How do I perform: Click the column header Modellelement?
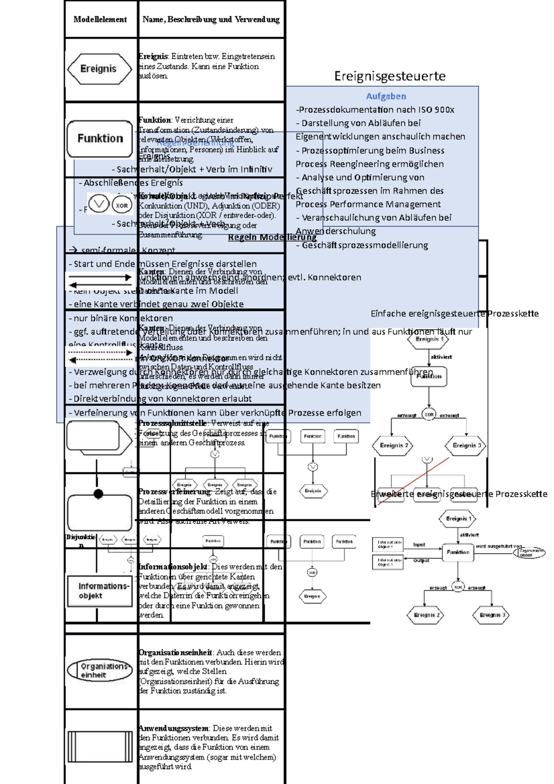coord(100,19)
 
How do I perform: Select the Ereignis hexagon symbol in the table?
coord(99,69)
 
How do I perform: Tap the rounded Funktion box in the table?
coord(100,139)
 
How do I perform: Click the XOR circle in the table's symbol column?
coord(122,205)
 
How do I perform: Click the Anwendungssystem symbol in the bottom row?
coord(100,747)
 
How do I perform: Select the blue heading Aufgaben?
coord(386,96)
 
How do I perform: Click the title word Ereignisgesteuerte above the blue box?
coord(390,76)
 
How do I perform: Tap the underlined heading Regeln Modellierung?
coord(272,237)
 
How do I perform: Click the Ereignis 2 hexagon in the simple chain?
coord(393,446)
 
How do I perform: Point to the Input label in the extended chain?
coord(419,545)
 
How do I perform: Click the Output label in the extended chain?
coord(421,561)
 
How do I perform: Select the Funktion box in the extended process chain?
coord(458,552)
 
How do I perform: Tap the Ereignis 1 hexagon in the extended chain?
coord(458,519)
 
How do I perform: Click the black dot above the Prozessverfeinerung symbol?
coord(98,494)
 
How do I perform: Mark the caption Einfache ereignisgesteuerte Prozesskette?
coord(454,314)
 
